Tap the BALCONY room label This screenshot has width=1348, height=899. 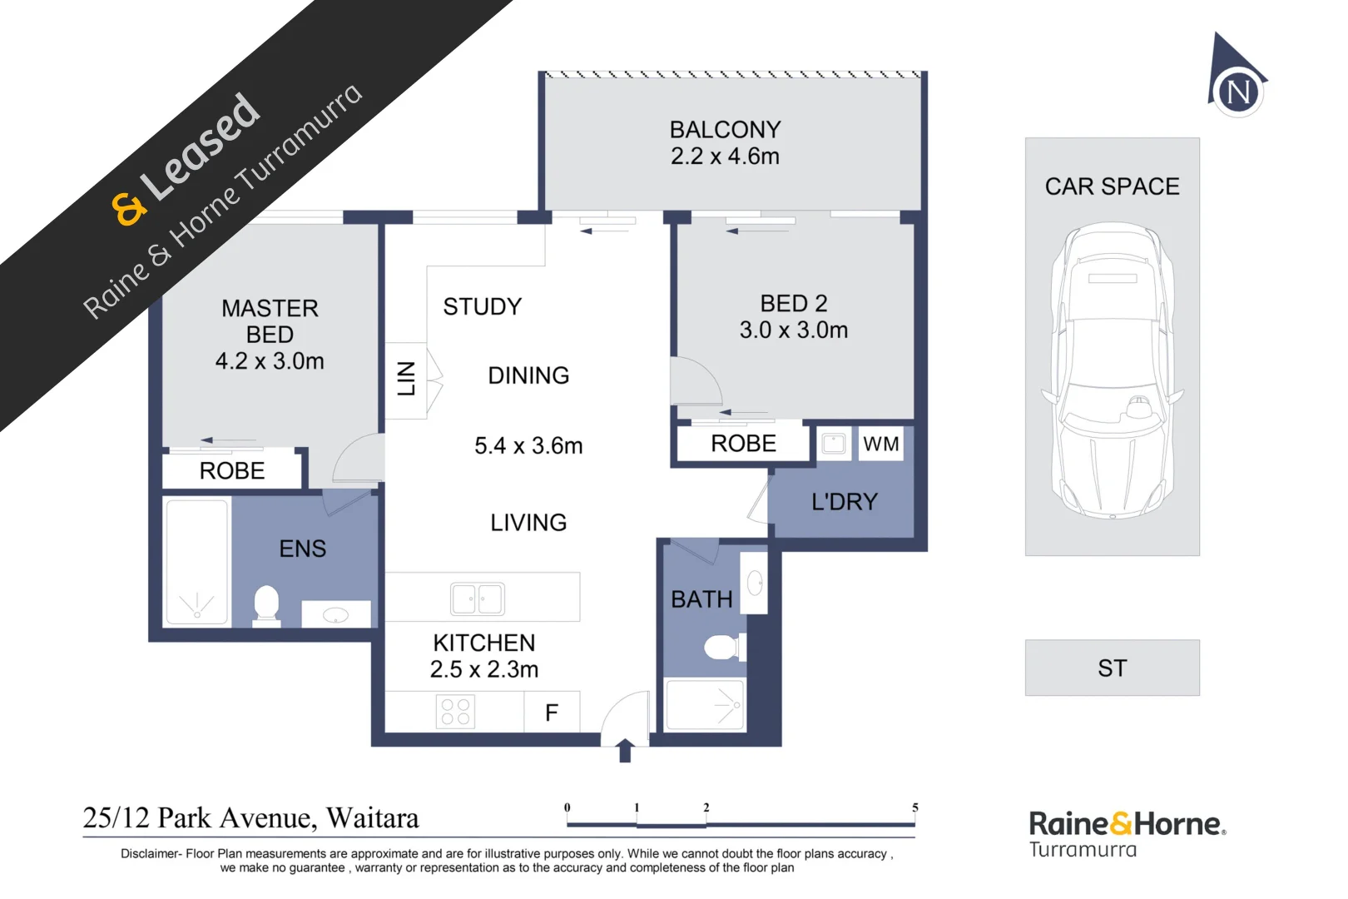click(x=725, y=130)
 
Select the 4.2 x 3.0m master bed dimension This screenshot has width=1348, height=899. click(x=270, y=361)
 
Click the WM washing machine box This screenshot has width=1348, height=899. click(x=880, y=444)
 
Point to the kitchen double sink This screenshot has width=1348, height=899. click(x=477, y=599)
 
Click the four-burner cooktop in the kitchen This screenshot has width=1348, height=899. click(x=455, y=712)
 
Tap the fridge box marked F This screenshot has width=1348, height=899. click(x=551, y=713)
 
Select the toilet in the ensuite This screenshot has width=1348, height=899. click(x=265, y=604)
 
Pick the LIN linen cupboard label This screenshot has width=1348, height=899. click(x=406, y=379)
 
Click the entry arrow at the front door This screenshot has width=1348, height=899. click(x=625, y=750)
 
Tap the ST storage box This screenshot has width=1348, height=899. click(x=1112, y=668)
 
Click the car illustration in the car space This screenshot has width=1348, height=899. click(x=1113, y=371)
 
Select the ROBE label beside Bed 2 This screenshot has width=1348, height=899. click(x=743, y=444)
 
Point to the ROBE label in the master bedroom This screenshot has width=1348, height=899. click(x=232, y=471)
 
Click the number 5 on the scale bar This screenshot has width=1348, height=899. click(x=914, y=807)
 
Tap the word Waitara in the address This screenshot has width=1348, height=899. click(x=373, y=818)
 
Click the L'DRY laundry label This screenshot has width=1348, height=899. click(x=844, y=502)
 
